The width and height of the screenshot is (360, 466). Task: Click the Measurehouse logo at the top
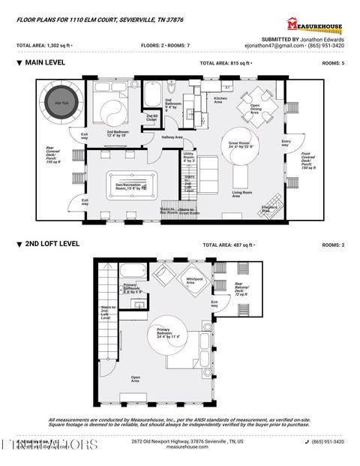click(x=316, y=25)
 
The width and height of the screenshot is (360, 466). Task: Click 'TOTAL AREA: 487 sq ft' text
click(x=229, y=245)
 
